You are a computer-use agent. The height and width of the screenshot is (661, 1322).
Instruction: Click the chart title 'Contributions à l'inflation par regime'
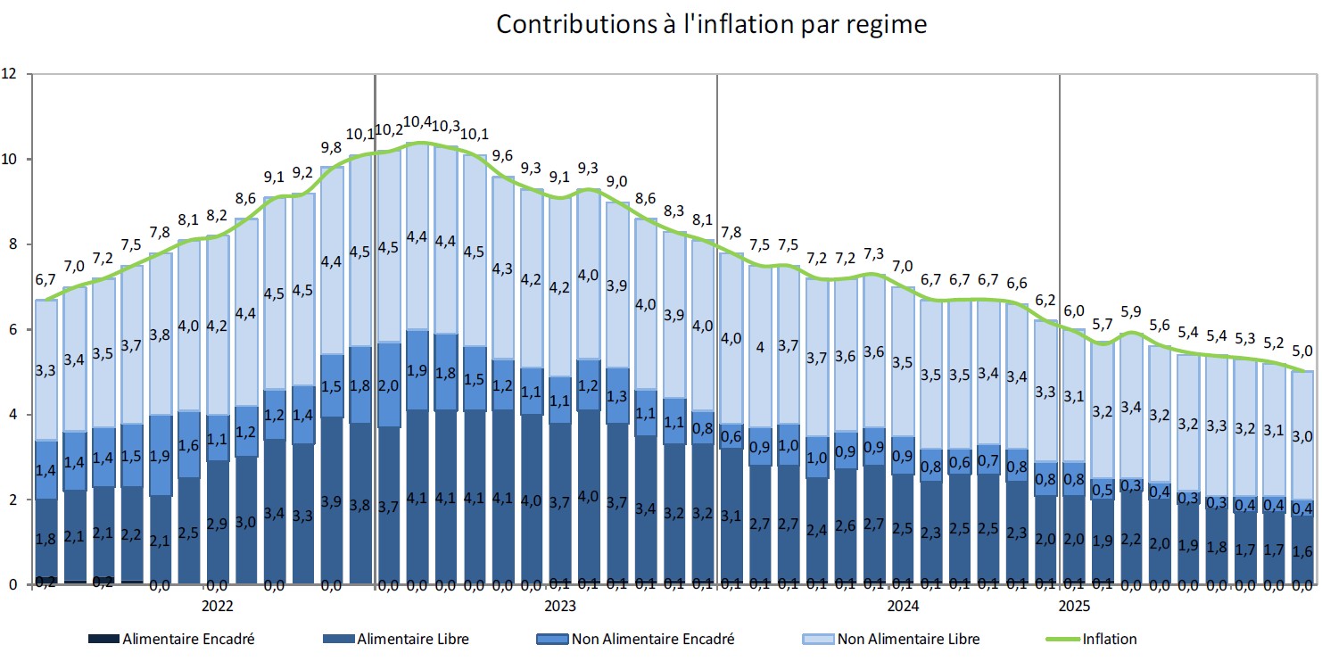711,24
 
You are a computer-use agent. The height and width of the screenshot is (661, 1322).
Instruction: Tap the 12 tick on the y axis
10,74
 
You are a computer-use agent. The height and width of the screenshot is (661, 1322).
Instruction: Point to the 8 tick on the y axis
10,244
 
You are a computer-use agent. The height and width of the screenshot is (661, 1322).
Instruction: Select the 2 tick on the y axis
10,500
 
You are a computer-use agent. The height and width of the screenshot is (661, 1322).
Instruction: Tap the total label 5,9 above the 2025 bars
1130,312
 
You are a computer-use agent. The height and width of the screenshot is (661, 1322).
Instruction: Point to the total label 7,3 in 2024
874,253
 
